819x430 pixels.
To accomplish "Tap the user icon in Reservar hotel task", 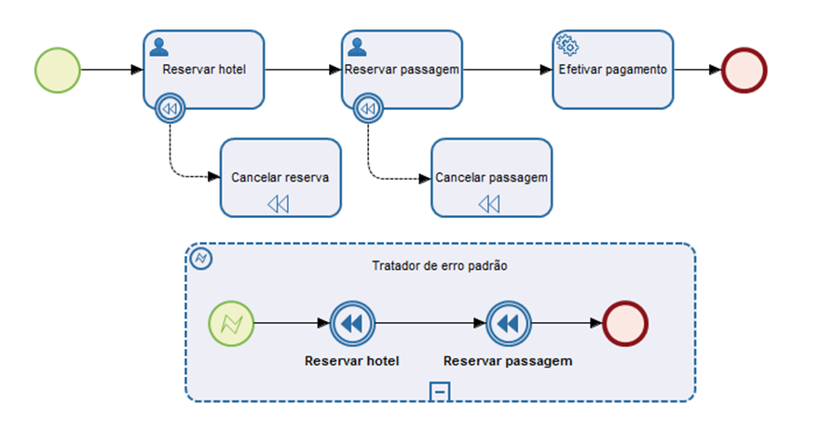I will [x=158, y=46].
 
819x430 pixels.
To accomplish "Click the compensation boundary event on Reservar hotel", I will [x=170, y=109].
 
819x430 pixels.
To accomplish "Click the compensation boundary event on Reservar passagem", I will [x=368, y=109].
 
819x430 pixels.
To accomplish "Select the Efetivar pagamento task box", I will [x=612, y=70].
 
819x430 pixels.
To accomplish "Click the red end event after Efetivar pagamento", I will [x=744, y=70].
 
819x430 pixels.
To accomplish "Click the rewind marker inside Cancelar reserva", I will [x=279, y=203].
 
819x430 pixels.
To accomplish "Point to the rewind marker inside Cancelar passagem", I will [x=490, y=203].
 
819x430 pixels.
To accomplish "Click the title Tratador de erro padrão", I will [x=439, y=265].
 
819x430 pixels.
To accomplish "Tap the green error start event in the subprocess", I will [x=231, y=324].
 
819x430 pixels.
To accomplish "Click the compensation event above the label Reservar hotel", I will [x=352, y=324].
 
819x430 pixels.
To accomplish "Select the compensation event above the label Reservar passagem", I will [x=508, y=324].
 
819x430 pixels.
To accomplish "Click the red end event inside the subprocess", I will [x=625, y=324].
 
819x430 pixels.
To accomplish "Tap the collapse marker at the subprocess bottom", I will [x=441, y=392].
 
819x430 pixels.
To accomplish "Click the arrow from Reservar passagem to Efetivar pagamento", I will [x=503, y=70].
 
